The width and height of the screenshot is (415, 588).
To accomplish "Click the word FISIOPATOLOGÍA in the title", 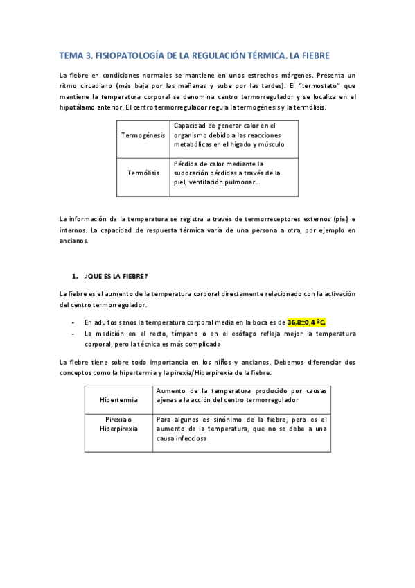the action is pyautogui.click(x=132, y=53).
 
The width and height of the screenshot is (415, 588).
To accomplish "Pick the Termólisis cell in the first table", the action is pyautogui.click(x=143, y=172).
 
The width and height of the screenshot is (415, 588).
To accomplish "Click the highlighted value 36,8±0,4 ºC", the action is pyautogui.click(x=307, y=322).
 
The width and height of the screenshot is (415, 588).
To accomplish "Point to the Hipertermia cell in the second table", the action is pyautogui.click(x=118, y=400).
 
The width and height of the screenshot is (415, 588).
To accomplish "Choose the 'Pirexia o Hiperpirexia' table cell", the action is pyautogui.click(x=118, y=424).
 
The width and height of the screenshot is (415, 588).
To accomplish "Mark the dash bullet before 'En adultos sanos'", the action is pyautogui.click(x=73, y=322).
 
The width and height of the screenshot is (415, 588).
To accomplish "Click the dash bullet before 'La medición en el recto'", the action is pyautogui.click(x=73, y=334).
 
